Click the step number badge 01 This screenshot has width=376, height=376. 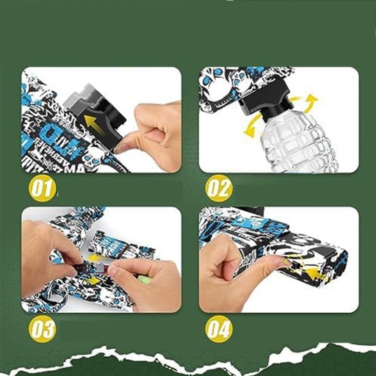point(43,188)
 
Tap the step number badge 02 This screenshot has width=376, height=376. point(220,189)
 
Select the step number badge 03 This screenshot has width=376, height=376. point(42,328)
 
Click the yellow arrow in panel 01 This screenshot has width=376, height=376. point(94,124)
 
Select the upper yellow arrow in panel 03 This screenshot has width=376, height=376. point(96,257)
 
